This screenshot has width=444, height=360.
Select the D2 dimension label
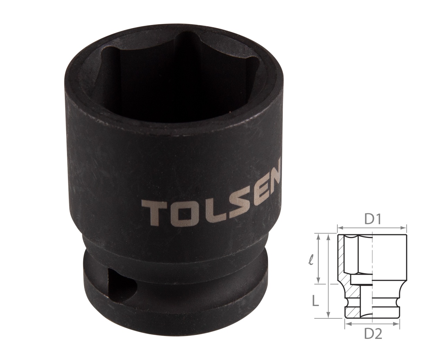[373, 334]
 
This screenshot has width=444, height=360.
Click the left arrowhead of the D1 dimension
[339, 228]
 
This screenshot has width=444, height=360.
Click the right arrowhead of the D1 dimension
[404, 228]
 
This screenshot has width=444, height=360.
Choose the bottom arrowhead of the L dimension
[328, 316]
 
